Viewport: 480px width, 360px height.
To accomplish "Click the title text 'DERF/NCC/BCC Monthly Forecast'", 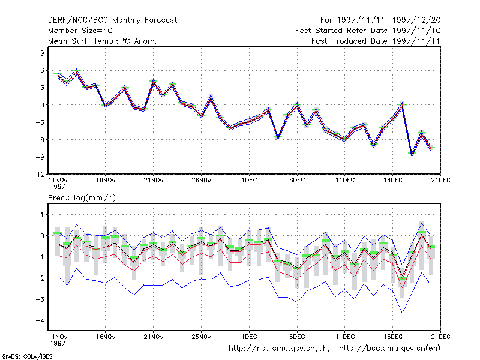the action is tap(112, 20).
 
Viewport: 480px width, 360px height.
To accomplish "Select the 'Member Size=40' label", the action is tap(80, 31).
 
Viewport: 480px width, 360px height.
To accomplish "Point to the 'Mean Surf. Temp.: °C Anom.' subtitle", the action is tap(103, 41).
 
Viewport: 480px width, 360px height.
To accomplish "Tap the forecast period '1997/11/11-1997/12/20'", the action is tap(389, 20).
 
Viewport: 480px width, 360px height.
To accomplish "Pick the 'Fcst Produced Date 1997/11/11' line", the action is tap(376, 41).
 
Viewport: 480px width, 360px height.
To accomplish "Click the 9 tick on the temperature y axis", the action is tap(42, 53).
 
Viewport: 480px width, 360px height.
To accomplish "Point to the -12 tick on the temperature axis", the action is tap(38, 174).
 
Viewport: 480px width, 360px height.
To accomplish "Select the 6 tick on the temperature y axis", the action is tap(42, 70).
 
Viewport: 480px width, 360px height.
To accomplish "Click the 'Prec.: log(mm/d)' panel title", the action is tap(82, 198).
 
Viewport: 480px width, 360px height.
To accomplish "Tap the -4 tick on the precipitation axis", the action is tap(40, 320).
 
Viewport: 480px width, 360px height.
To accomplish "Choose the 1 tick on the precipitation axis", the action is tap(42, 215).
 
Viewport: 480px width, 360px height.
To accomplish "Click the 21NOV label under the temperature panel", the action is tap(154, 181).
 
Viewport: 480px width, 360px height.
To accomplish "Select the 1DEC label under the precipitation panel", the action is tap(249, 337).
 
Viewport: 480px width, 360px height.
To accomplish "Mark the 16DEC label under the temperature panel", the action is tap(393, 181).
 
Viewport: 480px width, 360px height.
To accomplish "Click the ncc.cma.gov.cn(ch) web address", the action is tap(279, 349).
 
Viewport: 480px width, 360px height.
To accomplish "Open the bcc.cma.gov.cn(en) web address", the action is tap(389, 349).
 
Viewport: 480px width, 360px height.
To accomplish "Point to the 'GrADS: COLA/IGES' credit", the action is tap(27, 356).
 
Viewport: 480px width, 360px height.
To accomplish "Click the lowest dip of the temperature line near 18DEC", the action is tap(412, 155).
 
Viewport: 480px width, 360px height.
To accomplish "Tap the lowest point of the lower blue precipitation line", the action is tap(402, 313).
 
